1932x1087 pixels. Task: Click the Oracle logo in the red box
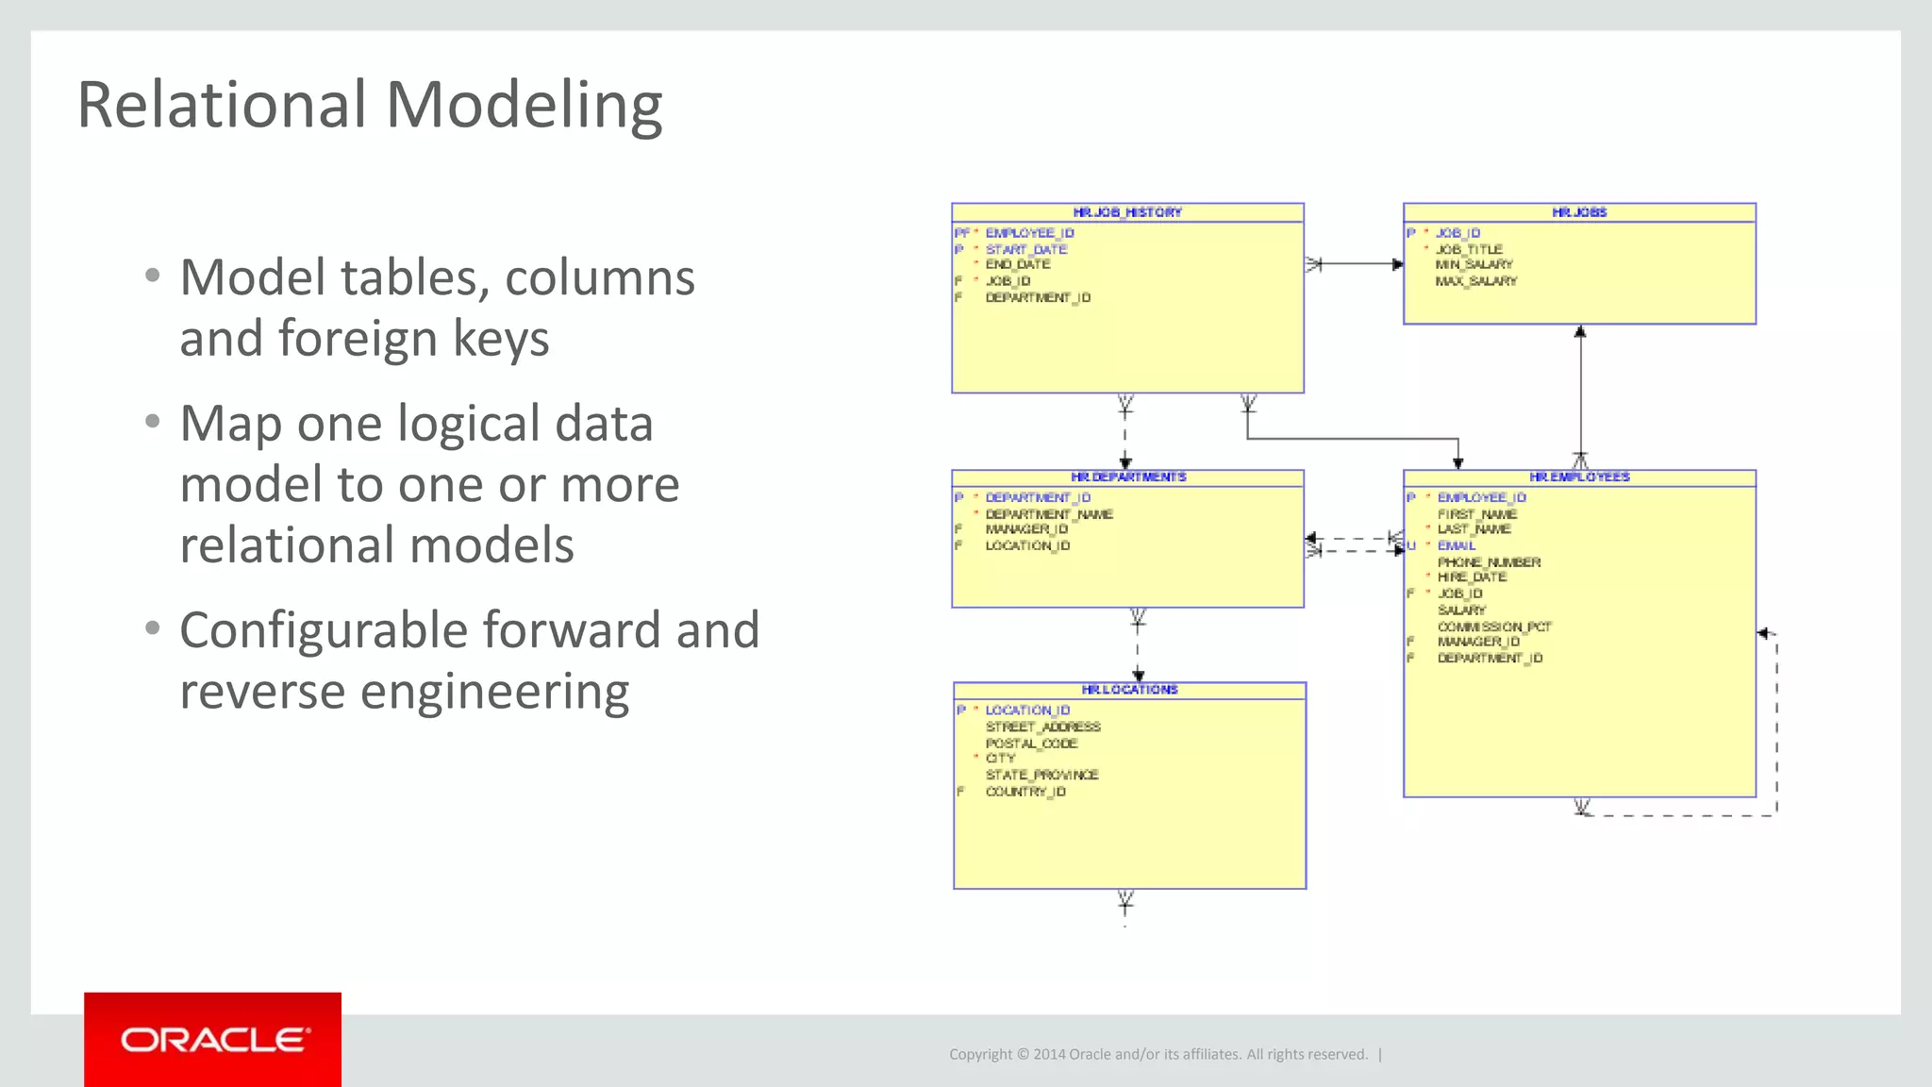(213, 1040)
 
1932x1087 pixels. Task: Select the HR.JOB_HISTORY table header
(1127, 212)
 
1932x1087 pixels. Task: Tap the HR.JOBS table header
(1579, 212)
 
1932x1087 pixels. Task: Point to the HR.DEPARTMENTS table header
(1128, 477)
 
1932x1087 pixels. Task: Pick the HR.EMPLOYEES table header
(1579, 477)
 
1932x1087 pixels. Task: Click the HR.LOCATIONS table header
(1129, 690)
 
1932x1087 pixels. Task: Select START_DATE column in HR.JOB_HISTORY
(1026, 249)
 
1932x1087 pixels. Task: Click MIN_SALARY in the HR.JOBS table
(1474, 265)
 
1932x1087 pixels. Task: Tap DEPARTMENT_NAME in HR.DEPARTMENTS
(1049, 514)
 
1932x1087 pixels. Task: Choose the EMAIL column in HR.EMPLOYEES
(1456, 545)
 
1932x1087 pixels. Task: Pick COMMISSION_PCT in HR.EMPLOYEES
(1493, 627)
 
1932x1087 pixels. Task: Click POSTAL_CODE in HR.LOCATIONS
(1031, 744)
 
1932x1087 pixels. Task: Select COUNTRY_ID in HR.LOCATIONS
(1025, 792)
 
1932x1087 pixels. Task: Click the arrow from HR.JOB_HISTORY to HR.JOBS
(1355, 264)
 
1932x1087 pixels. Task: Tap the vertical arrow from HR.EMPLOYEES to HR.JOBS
(1580, 396)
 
